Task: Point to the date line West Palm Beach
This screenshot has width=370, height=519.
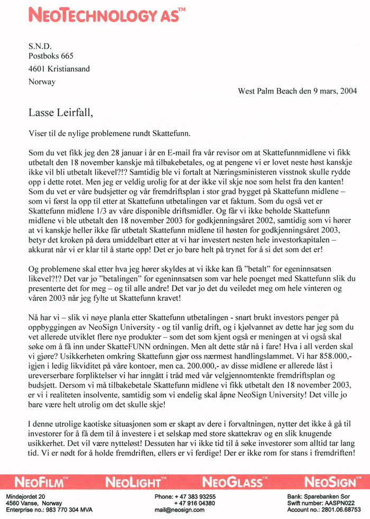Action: pos(297,90)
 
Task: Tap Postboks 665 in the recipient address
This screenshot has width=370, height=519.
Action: pos(51,55)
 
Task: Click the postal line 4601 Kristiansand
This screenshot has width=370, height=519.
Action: pos(59,69)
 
